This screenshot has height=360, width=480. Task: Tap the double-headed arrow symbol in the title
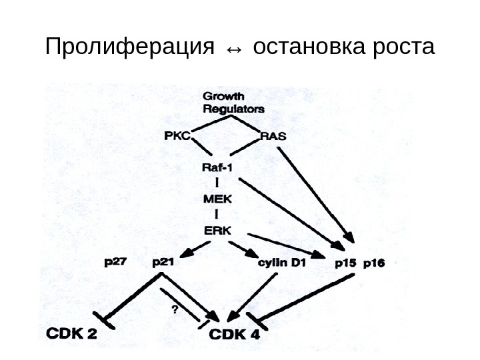coord(235,49)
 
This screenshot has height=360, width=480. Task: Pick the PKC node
coord(177,135)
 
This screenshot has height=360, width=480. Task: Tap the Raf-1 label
coord(218,167)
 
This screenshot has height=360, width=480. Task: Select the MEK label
coord(217,198)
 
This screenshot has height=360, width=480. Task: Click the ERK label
coord(217,229)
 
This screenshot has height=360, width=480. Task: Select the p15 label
coord(345,263)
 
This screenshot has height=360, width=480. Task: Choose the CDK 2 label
coord(71,333)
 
